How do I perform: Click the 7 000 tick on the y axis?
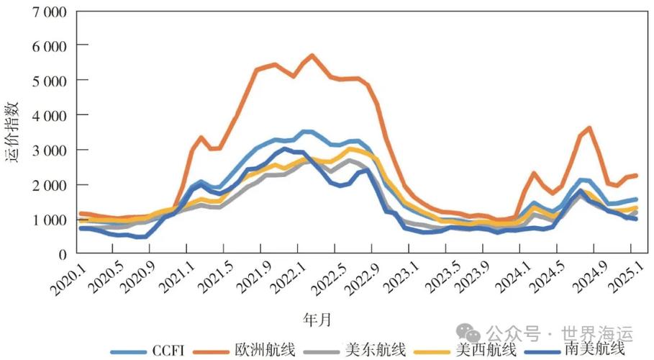[x=46, y=12]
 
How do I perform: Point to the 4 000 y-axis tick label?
[x=46, y=115]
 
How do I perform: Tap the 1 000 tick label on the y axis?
[x=46, y=220]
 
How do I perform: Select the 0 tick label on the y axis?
[x=63, y=254]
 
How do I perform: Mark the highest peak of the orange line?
[x=312, y=55]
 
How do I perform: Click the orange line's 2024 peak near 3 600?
[x=589, y=128]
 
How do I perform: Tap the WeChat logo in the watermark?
[x=471, y=333]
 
